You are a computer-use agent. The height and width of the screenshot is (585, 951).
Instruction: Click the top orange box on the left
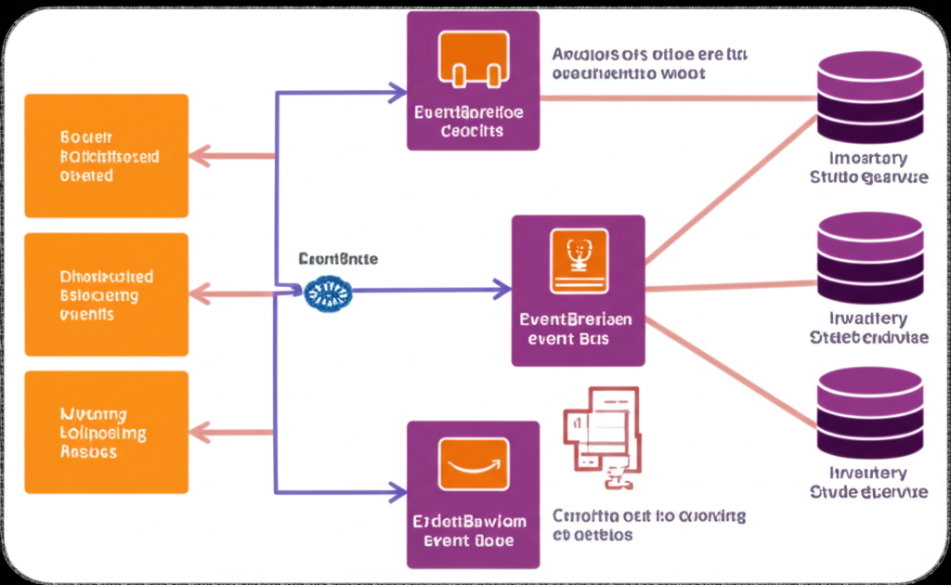click(x=107, y=155)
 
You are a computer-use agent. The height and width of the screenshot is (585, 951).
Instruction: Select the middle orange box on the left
click(x=107, y=294)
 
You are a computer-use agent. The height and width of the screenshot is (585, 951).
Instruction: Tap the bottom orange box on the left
click(x=107, y=432)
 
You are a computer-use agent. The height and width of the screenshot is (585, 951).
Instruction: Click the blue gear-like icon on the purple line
click(x=329, y=292)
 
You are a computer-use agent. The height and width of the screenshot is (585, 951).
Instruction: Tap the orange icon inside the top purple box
click(x=474, y=58)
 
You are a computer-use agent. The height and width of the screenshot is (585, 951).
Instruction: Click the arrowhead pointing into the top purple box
click(x=397, y=92)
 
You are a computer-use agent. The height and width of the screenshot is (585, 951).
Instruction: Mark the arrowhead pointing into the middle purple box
click(x=502, y=291)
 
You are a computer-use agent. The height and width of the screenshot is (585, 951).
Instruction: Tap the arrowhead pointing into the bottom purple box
click(x=397, y=491)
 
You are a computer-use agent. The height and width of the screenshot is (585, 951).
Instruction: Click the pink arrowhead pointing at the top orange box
click(x=198, y=156)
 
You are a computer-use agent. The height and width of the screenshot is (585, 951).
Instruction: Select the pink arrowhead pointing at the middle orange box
click(x=198, y=295)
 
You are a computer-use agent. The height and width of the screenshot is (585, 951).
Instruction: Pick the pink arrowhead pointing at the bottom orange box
click(x=198, y=432)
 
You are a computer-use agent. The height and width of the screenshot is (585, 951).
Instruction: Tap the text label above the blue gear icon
click(x=338, y=260)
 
